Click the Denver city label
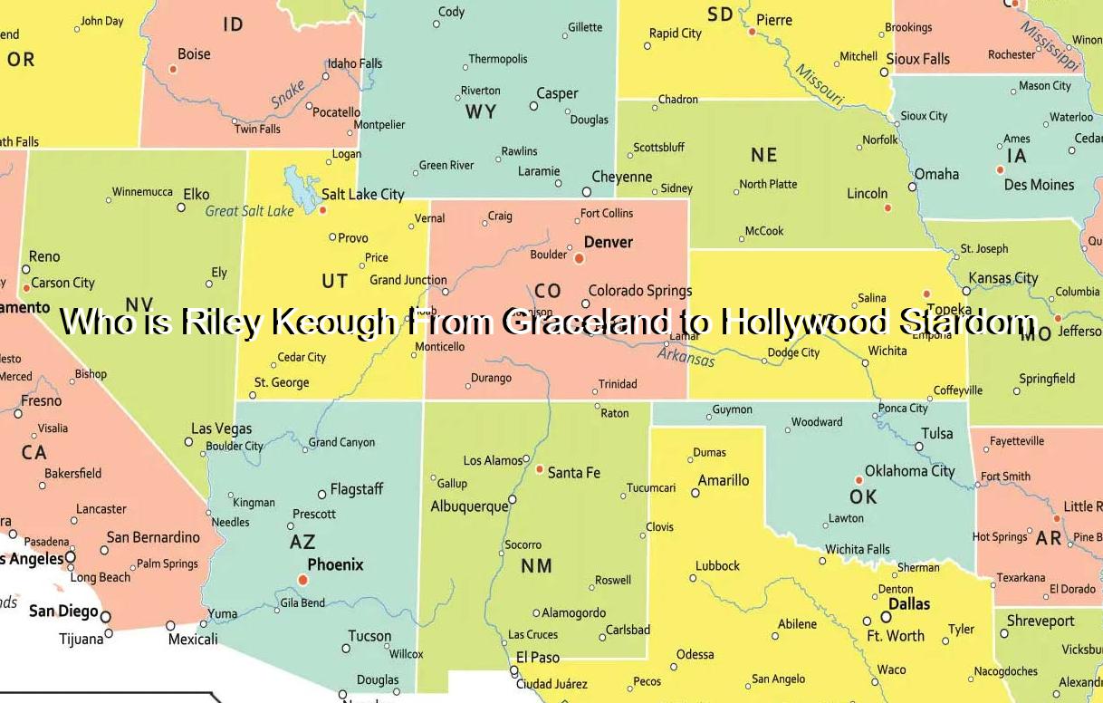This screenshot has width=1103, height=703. pyautogui.click(x=608, y=243)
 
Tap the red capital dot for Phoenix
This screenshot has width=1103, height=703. pyautogui.click(x=302, y=580)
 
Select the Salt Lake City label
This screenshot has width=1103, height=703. pyautogui.click(x=362, y=194)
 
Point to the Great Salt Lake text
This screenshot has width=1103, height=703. pyautogui.click(x=249, y=211)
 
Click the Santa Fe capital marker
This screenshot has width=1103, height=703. pyautogui.click(x=540, y=470)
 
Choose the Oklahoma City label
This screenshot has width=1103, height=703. pyautogui.click(x=909, y=471)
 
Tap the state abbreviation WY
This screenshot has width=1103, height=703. pyautogui.click(x=481, y=112)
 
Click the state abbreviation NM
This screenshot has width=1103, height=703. pyautogui.click(x=536, y=566)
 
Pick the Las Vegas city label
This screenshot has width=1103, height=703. pyautogui.click(x=221, y=429)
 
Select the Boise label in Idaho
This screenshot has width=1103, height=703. pyautogui.click(x=194, y=54)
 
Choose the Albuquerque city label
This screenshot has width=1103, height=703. pyautogui.click(x=469, y=506)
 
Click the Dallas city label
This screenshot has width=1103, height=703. pyautogui.click(x=908, y=604)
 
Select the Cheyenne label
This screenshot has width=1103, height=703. pyautogui.click(x=621, y=178)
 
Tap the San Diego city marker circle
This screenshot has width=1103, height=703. pyautogui.click(x=106, y=617)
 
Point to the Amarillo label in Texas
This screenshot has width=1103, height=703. pyautogui.click(x=723, y=481)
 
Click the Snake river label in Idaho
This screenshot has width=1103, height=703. pyautogui.click(x=289, y=94)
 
